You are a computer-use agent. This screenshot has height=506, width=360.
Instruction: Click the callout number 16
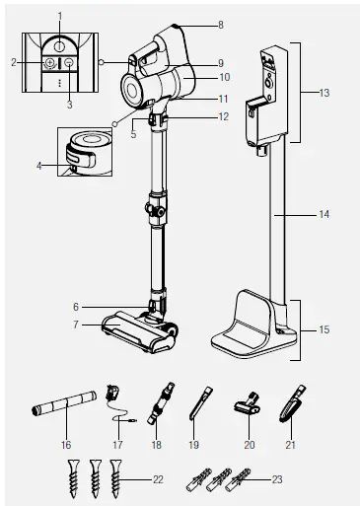(66, 446)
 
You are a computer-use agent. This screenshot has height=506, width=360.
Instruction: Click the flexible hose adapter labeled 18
(158, 403)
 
